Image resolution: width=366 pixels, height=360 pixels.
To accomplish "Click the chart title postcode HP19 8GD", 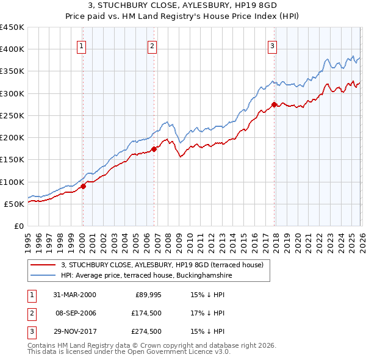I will (x=259, y=5).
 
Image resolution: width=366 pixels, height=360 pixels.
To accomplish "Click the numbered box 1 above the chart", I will (x=82, y=45).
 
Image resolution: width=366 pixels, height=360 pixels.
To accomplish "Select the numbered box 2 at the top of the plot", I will (x=152, y=45).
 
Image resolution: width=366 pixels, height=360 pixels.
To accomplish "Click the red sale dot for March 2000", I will (x=84, y=187).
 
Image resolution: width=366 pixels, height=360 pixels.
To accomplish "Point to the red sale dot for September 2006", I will (x=154, y=149).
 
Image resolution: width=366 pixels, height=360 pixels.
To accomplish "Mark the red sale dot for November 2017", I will (x=274, y=105).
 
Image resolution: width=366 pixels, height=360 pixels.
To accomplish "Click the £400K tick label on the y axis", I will (x=12, y=49).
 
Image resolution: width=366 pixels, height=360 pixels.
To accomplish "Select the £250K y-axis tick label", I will (x=12, y=115).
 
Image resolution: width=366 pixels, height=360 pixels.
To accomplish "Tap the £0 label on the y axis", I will (x=18, y=226).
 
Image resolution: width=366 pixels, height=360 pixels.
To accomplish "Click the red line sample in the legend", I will (x=43, y=265).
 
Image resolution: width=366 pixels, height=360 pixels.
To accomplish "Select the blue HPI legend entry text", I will (x=146, y=276).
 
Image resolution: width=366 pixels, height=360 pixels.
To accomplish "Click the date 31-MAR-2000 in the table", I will (x=74, y=294).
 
